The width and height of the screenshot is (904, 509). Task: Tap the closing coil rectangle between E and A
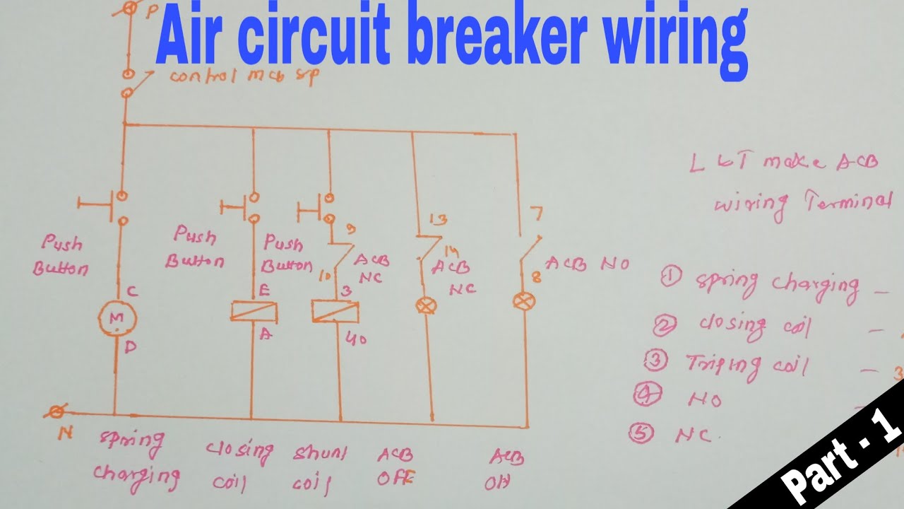253,311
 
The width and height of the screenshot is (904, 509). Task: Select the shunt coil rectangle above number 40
335,311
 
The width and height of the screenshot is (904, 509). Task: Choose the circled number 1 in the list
670,276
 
